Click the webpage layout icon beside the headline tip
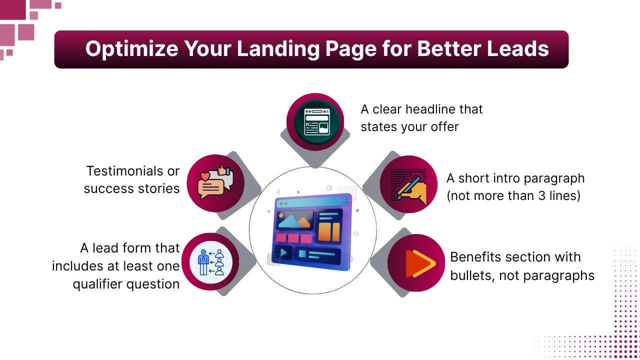(315, 122)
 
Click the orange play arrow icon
(417, 263)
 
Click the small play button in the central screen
(283, 253)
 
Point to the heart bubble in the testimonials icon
(205, 176)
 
